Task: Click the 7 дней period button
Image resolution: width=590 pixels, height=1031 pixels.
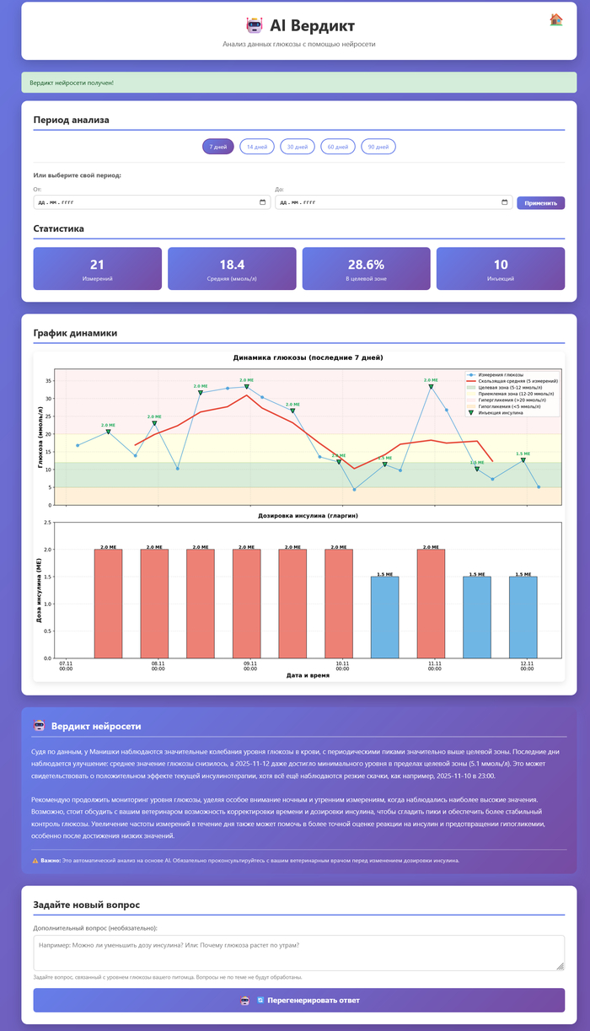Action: click(x=217, y=147)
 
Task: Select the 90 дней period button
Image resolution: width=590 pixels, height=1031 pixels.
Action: click(x=378, y=147)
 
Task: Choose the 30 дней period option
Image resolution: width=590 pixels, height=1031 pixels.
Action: click(x=298, y=147)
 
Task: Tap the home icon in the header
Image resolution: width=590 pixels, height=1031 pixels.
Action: click(x=556, y=19)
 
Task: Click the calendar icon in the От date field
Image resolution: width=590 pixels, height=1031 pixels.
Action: click(x=263, y=202)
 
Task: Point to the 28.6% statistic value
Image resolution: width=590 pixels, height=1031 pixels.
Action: click(x=366, y=265)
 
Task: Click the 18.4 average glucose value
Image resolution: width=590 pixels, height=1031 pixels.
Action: click(x=232, y=265)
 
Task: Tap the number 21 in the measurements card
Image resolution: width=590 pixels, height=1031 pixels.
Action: click(x=97, y=265)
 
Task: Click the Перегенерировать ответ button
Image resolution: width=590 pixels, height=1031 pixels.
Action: click(x=299, y=1000)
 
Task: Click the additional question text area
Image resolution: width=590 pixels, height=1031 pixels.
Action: click(x=299, y=953)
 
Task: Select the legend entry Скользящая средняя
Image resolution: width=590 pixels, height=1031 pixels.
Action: click(x=506, y=380)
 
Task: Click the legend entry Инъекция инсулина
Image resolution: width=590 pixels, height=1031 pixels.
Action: click(x=501, y=413)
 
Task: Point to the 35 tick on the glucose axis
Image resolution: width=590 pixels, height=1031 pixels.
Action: click(x=48, y=380)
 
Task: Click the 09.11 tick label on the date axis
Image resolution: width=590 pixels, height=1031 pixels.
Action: click(x=250, y=666)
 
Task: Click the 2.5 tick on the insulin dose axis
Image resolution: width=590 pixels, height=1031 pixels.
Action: click(x=47, y=523)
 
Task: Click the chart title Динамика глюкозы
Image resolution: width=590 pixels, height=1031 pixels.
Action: click(x=308, y=357)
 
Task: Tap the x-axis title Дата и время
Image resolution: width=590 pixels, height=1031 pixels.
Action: click(x=308, y=675)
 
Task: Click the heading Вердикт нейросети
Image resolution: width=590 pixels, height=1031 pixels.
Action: click(x=96, y=726)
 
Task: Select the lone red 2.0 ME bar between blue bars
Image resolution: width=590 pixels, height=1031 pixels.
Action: click(x=431, y=604)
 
